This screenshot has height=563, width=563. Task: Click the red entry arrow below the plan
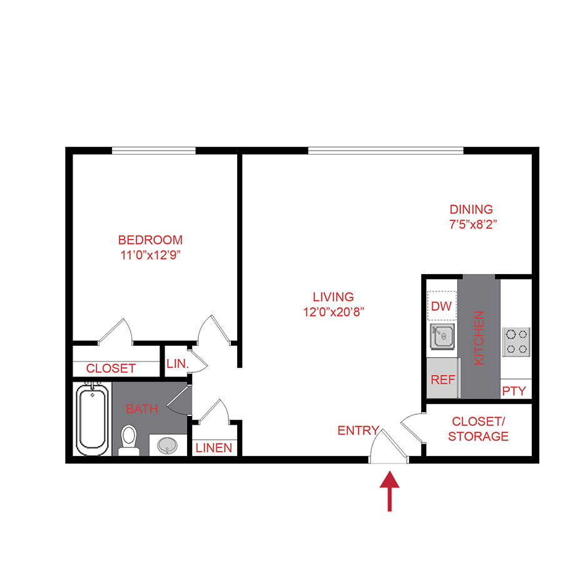[x=390, y=492]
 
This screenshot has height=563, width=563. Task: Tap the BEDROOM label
[x=151, y=240]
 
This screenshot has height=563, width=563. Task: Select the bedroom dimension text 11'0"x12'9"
[x=151, y=255]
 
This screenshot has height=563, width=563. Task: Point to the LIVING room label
[x=333, y=297]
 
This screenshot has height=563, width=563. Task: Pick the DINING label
[x=472, y=210]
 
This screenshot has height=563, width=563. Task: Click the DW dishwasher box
[x=442, y=307]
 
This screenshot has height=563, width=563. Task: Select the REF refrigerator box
[x=442, y=379]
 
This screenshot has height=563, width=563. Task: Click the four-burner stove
[x=517, y=342]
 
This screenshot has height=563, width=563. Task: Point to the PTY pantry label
[x=514, y=392]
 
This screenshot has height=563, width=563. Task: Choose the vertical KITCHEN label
[x=480, y=338]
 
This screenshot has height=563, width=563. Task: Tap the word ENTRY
[x=358, y=430]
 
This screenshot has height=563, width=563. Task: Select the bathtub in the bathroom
[x=92, y=420]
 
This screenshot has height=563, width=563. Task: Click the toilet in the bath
[x=129, y=440]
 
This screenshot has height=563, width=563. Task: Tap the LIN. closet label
[x=177, y=363]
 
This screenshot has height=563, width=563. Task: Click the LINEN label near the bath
[x=214, y=448]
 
